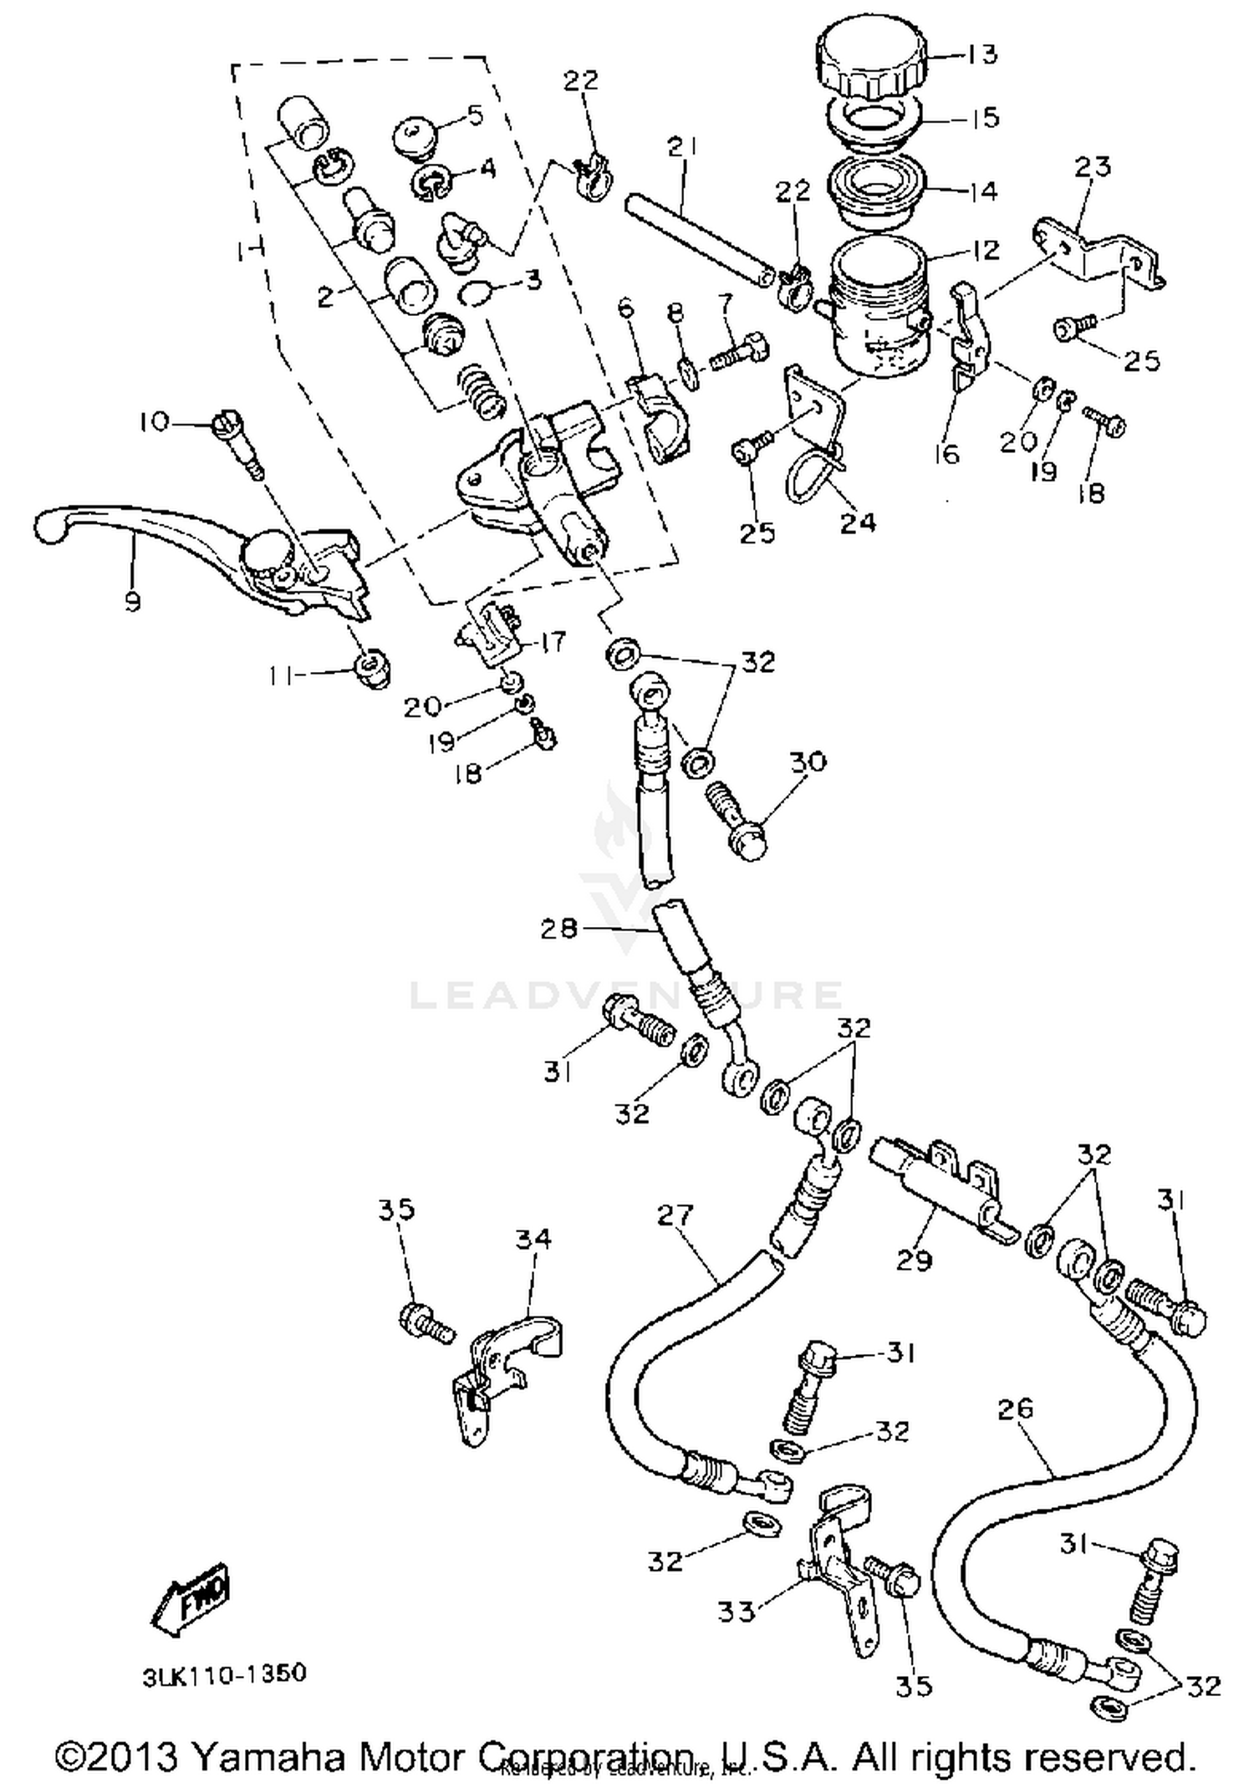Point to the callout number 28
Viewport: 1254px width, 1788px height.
pyautogui.click(x=558, y=928)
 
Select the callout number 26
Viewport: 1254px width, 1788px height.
pyautogui.click(x=1015, y=1409)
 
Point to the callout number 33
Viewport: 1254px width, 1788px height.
pyautogui.click(x=736, y=1611)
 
